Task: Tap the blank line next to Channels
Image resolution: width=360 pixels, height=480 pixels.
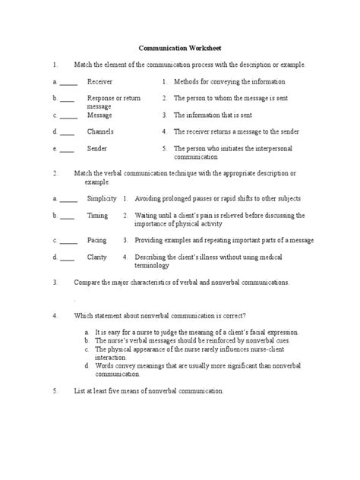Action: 68,132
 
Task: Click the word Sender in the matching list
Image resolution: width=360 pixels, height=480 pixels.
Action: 97,149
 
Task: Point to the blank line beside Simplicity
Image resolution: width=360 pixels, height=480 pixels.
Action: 68,198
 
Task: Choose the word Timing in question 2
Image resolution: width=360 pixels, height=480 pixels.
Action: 97,216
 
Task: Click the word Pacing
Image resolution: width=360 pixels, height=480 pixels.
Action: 97,239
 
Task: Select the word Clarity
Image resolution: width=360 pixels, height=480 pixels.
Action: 97,257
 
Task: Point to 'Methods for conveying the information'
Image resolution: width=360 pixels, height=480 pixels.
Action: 229,81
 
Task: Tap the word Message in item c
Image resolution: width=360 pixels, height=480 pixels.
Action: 100,115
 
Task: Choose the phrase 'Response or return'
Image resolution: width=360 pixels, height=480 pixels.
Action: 113,99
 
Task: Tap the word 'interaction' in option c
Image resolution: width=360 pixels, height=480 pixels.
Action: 112,357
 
